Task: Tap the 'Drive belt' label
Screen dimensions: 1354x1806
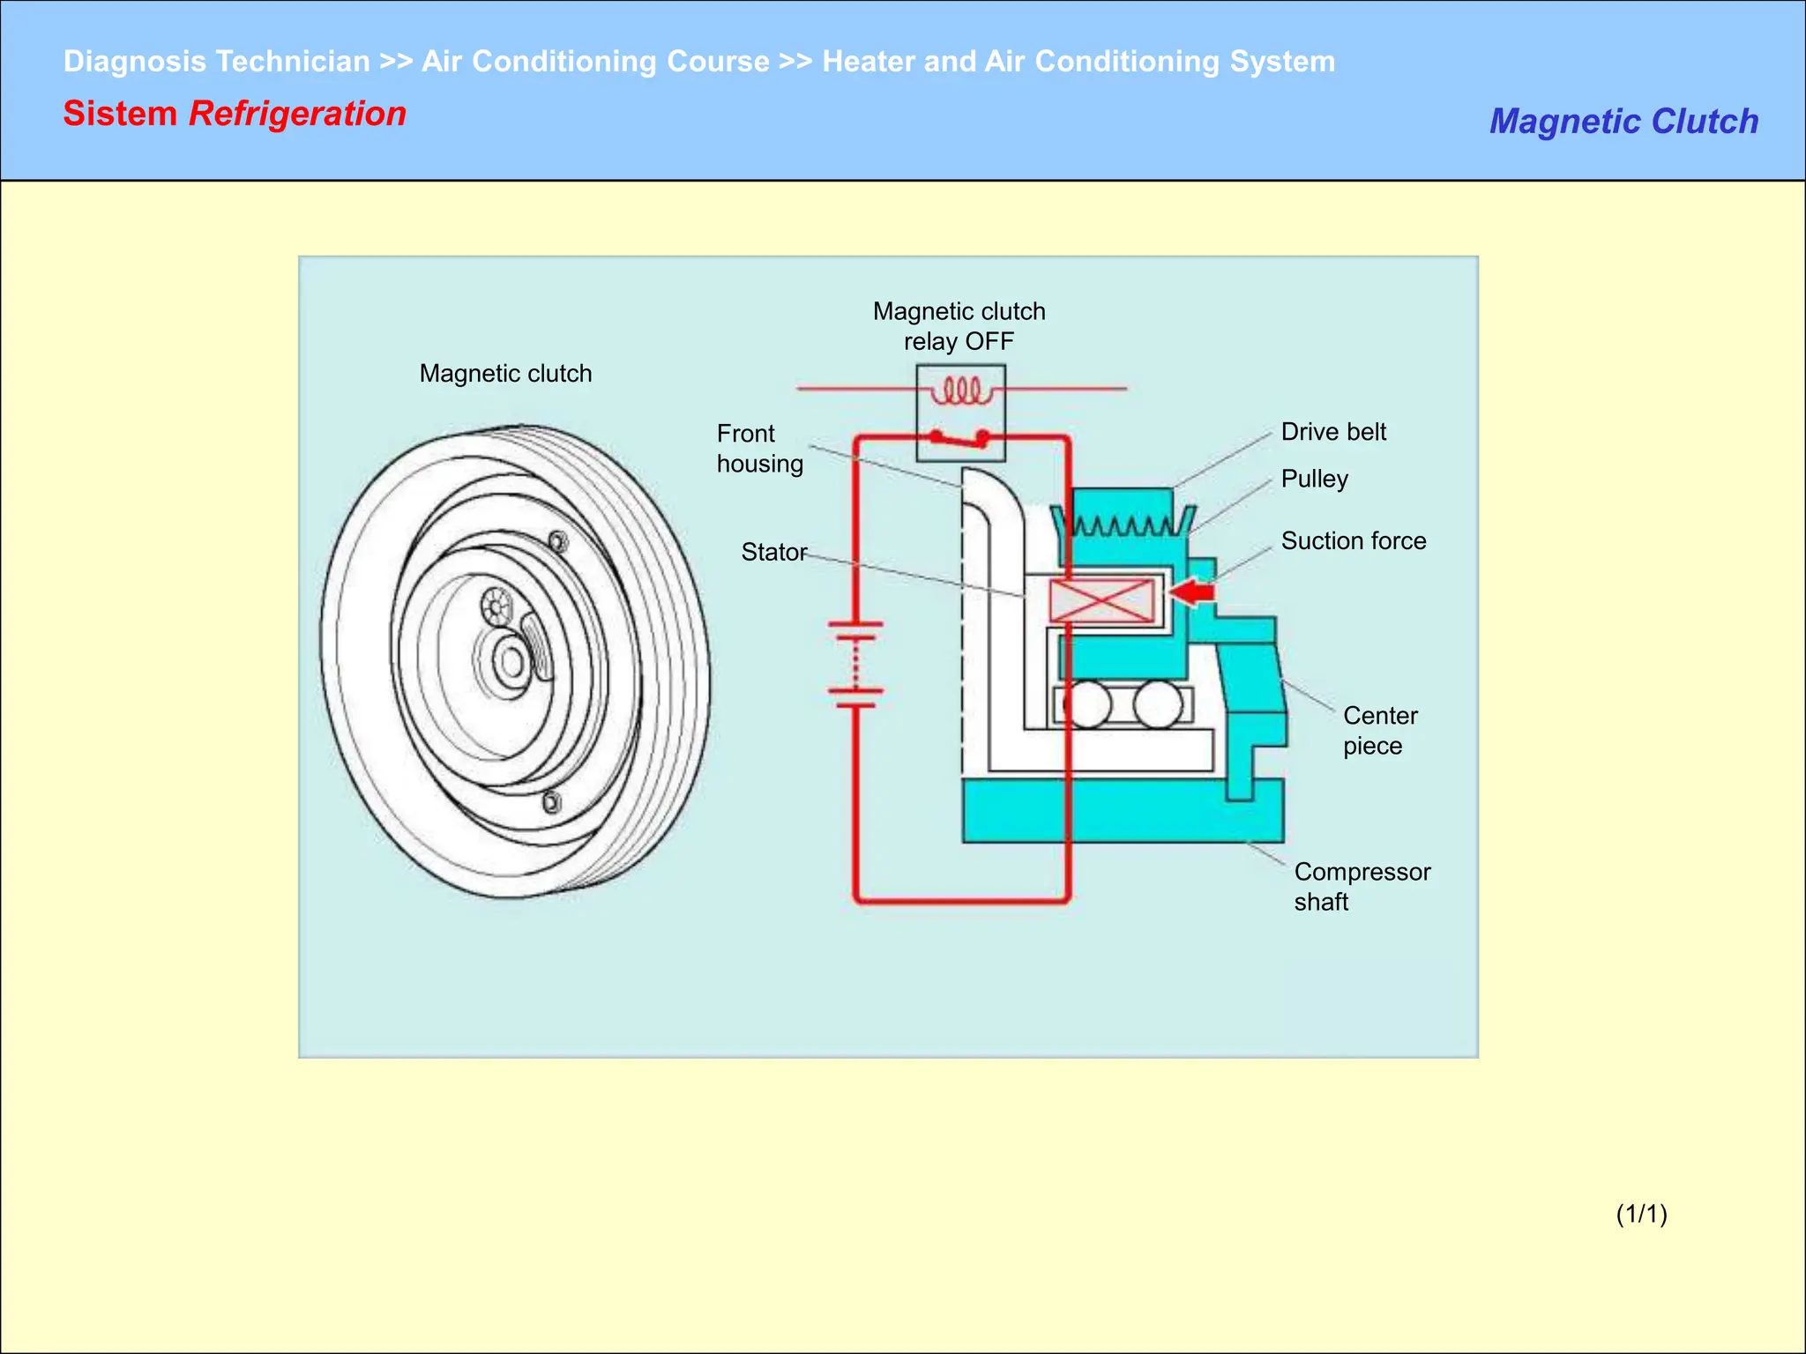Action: [x=1332, y=432]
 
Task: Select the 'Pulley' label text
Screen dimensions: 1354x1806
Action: [x=1314, y=479]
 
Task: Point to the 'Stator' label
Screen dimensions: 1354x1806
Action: [x=773, y=552]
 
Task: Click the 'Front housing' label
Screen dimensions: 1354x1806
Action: [x=759, y=449]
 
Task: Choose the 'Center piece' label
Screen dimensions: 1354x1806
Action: [x=1379, y=731]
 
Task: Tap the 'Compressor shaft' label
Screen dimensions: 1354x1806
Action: [x=1361, y=887]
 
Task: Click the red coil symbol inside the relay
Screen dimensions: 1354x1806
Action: [x=961, y=391]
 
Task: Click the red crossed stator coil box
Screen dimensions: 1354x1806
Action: [x=1101, y=601]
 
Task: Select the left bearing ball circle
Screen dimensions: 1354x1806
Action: [x=1086, y=704]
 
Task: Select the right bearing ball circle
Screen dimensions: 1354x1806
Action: [x=1158, y=704]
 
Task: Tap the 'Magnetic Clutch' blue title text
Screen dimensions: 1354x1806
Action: [x=1623, y=122]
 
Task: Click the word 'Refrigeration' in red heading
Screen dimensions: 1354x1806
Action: [x=297, y=115]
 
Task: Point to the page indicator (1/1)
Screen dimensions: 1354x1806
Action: [x=1641, y=1214]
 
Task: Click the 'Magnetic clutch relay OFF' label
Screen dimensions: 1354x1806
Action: [x=959, y=326]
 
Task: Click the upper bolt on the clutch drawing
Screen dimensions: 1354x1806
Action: [x=558, y=541]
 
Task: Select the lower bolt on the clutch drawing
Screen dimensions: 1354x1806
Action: [x=552, y=802]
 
